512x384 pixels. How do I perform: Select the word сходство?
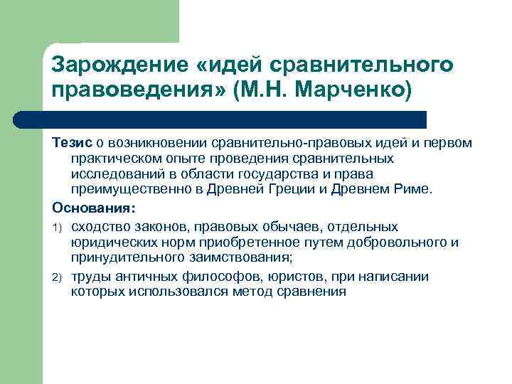tap(100, 227)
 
